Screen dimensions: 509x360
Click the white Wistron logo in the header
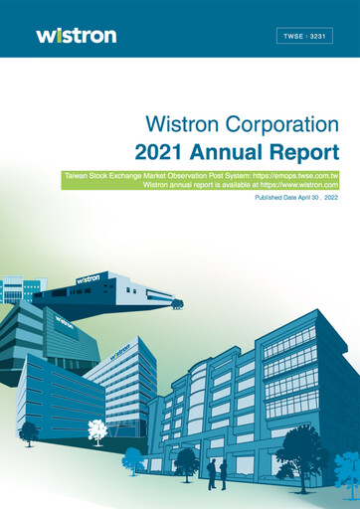(x=76, y=35)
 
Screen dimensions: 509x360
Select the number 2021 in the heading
(x=165, y=152)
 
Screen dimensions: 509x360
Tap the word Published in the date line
(x=271, y=198)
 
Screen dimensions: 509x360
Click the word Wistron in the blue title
(x=176, y=125)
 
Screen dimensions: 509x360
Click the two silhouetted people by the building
(x=217, y=472)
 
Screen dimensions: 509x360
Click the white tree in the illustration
(x=96, y=430)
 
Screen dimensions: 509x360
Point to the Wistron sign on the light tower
(x=119, y=350)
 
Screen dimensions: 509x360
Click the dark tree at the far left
(x=29, y=431)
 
